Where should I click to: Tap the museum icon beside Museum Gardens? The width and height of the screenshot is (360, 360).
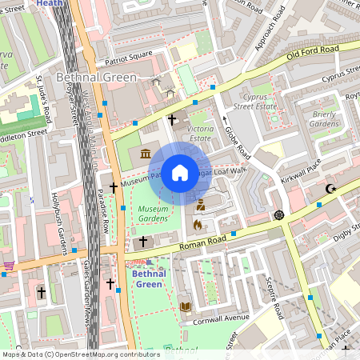point(146,153)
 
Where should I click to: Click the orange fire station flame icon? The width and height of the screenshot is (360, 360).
point(198,225)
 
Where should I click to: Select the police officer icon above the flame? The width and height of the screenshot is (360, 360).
point(201,205)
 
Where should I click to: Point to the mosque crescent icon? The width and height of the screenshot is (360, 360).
point(330,190)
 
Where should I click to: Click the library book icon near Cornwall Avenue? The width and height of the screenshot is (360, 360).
point(186,306)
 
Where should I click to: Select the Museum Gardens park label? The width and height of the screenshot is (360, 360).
point(153,214)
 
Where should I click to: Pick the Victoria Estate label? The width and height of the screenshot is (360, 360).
point(199,133)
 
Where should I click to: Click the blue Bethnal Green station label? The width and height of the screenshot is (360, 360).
point(149,278)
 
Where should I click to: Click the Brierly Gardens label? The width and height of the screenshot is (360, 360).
point(323,119)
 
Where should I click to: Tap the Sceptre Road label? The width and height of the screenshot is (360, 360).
point(273,300)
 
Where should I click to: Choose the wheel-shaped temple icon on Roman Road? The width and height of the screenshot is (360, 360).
point(279,214)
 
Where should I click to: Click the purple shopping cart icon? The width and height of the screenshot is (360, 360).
point(9,265)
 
